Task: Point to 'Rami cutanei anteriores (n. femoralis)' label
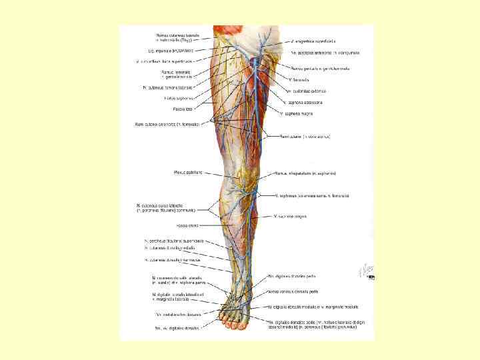[x=171, y=124]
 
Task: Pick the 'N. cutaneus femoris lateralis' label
[x=167, y=87]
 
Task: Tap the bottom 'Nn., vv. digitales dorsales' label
[x=177, y=327]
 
